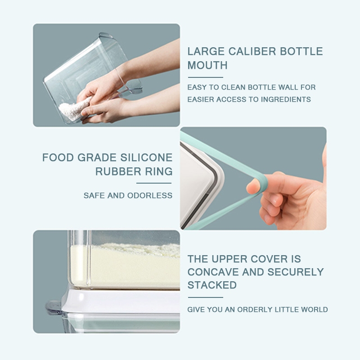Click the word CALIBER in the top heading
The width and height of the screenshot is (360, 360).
coord(252,51)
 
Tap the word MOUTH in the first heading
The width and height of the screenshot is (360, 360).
coord(207,65)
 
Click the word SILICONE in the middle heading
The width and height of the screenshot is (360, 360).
coord(146,157)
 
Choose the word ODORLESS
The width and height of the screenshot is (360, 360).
coord(150,195)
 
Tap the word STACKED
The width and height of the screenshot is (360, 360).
coord(212,285)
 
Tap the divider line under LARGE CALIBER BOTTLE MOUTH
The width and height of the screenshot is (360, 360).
coord(206,77)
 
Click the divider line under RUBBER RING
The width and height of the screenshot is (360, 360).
coord(154,183)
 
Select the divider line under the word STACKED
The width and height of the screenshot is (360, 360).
coord(206,297)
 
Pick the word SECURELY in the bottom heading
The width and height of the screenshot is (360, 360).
coord(296,272)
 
